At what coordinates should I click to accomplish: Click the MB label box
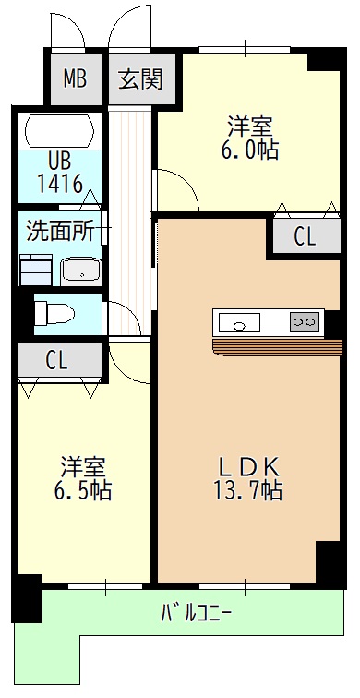[x=75, y=78]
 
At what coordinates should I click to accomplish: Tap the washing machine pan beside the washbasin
[x=38, y=271]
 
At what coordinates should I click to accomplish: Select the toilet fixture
[x=53, y=312]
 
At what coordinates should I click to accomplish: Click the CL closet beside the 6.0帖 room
[x=304, y=236]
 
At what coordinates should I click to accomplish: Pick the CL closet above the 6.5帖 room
[x=57, y=360]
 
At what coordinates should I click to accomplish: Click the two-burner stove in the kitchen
[x=304, y=322]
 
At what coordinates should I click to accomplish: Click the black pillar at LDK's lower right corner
[x=330, y=560]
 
